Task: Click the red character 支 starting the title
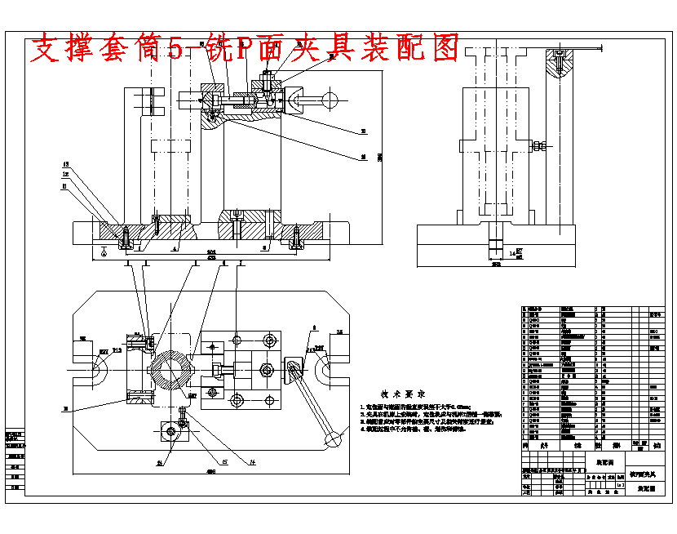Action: pyautogui.click(x=46, y=49)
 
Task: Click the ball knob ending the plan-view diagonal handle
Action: pyautogui.click(x=333, y=440)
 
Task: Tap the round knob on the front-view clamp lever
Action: pyautogui.click(x=330, y=100)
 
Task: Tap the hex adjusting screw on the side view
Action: pyautogui.click(x=539, y=147)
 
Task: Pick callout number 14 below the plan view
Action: pyautogui.click(x=253, y=462)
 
